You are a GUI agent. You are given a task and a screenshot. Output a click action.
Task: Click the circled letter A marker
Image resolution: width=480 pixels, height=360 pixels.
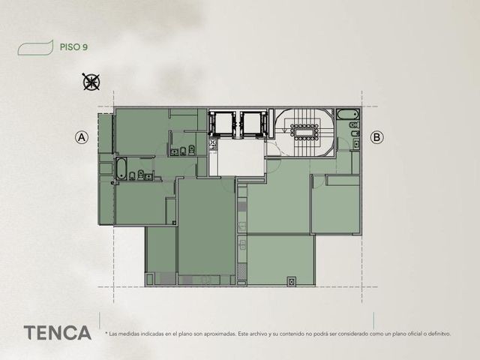click(x=82, y=137)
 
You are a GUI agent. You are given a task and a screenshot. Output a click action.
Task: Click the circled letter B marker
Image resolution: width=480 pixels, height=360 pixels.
click(x=376, y=137)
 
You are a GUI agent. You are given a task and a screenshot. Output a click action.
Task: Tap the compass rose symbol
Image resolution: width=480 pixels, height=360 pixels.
click(x=91, y=82)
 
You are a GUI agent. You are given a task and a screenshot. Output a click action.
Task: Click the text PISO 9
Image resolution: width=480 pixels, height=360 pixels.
click(x=73, y=47)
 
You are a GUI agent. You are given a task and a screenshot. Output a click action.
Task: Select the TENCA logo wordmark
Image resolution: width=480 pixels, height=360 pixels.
click(x=58, y=333)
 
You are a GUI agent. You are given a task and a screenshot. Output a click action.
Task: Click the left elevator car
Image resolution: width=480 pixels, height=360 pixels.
click(x=223, y=124)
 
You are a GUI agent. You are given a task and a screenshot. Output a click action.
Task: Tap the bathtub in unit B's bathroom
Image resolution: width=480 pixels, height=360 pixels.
click(x=348, y=115)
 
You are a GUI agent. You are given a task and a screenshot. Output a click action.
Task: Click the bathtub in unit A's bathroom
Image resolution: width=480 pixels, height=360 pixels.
click(x=121, y=169)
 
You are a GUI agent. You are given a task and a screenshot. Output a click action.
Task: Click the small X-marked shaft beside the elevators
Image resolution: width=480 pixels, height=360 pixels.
click(x=212, y=143)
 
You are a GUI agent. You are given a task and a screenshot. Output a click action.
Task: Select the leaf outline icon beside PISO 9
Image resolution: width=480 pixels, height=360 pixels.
click(x=35, y=48)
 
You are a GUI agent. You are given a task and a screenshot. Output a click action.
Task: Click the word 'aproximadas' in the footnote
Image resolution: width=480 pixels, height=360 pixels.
click(x=220, y=334)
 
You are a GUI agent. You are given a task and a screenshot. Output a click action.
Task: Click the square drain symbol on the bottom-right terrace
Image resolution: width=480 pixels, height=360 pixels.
click(x=292, y=281)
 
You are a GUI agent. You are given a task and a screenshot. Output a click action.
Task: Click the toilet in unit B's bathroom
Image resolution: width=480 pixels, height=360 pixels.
click(x=354, y=125)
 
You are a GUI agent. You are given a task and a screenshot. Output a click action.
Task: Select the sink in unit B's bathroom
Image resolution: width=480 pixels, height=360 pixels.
click(x=356, y=143)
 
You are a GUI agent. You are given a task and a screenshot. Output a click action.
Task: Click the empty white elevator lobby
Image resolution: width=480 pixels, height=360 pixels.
click(x=241, y=157)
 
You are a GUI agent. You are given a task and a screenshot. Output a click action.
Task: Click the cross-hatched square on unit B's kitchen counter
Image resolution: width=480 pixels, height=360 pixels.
click(x=241, y=271)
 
